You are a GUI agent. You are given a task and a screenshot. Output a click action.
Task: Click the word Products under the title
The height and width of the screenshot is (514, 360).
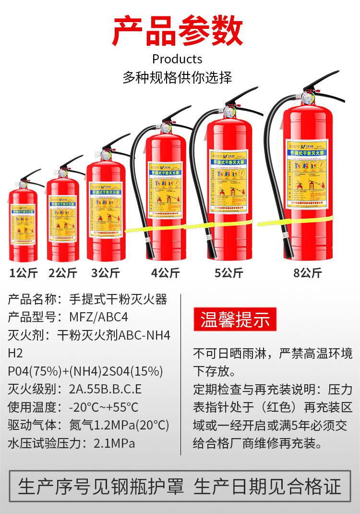(x=177, y=59)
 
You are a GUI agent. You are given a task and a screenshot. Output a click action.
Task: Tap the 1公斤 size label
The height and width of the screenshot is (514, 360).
(x=24, y=273)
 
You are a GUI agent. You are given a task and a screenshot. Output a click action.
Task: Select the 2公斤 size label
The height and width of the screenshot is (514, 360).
(x=62, y=273)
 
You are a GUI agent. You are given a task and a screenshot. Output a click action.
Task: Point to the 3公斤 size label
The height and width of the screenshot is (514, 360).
(x=105, y=273)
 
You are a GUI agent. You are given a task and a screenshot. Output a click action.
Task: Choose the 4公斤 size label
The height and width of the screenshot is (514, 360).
(x=165, y=273)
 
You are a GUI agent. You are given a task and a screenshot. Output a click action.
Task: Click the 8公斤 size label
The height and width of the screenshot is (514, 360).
(x=307, y=273)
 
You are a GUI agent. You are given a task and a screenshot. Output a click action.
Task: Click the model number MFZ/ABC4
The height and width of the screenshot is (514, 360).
(x=100, y=318)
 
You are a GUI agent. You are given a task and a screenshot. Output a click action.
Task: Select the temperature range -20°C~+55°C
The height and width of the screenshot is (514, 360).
(x=103, y=407)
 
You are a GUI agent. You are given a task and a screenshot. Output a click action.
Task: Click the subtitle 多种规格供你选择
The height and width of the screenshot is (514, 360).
(x=177, y=77)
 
